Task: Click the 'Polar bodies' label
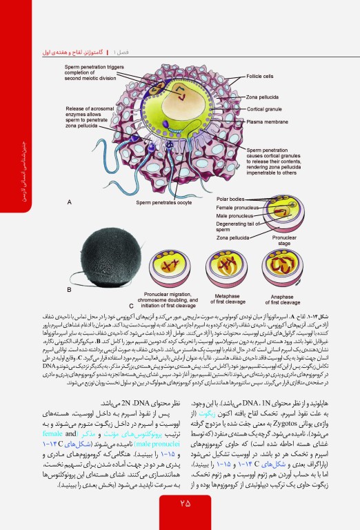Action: [x=232, y=199]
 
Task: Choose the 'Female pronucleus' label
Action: [x=239, y=206]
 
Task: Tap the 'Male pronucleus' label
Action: [x=235, y=215]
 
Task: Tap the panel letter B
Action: [x=69, y=291]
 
